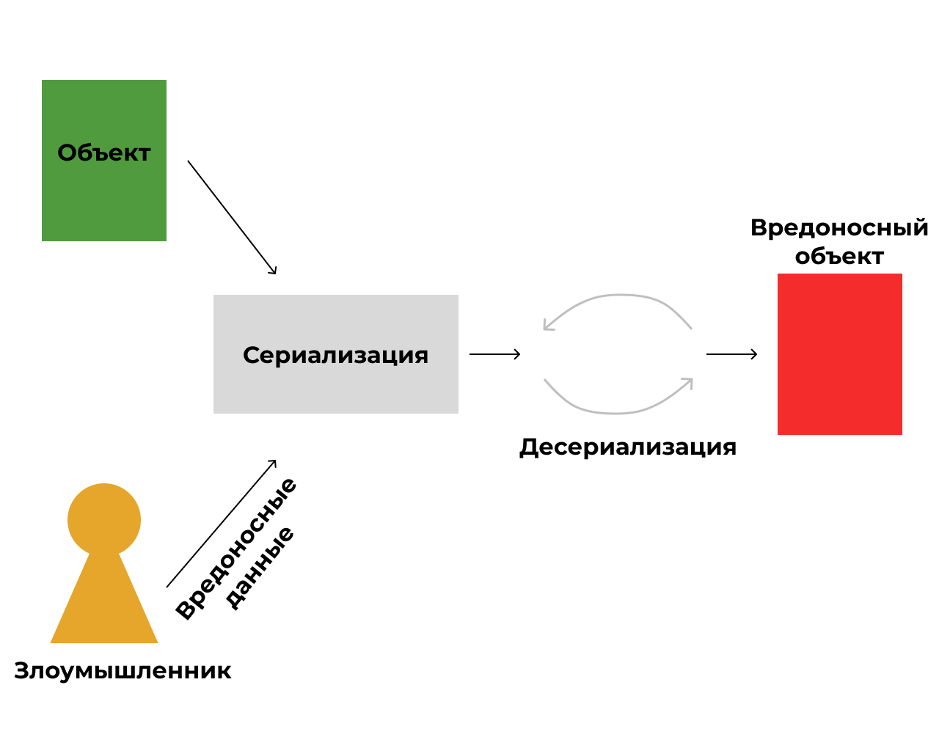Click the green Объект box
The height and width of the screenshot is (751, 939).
tap(103, 198)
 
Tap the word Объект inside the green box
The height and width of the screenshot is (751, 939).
tap(104, 153)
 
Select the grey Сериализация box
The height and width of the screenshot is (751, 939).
tap(335, 389)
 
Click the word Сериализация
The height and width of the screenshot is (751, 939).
tap(335, 355)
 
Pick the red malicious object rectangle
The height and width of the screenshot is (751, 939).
tap(839, 354)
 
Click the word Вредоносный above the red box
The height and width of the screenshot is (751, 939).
tap(839, 227)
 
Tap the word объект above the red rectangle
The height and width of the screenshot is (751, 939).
tap(839, 256)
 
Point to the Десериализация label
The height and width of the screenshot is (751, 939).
tap(628, 447)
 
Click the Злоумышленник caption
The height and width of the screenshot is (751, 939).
tap(123, 670)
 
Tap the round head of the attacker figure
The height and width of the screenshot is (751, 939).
tap(104, 519)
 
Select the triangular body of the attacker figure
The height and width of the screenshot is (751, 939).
tap(104, 609)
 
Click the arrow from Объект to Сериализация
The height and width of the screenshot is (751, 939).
tap(232, 217)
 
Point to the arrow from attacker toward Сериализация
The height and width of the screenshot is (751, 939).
tap(221, 524)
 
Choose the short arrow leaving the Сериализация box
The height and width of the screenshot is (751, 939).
tap(494, 354)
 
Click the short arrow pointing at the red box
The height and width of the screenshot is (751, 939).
tap(731, 354)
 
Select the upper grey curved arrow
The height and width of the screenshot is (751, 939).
tap(620, 296)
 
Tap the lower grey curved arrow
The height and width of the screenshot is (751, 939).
tap(616, 412)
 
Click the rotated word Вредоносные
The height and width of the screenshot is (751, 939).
tap(236, 548)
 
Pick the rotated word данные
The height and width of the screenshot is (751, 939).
tap(260, 567)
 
